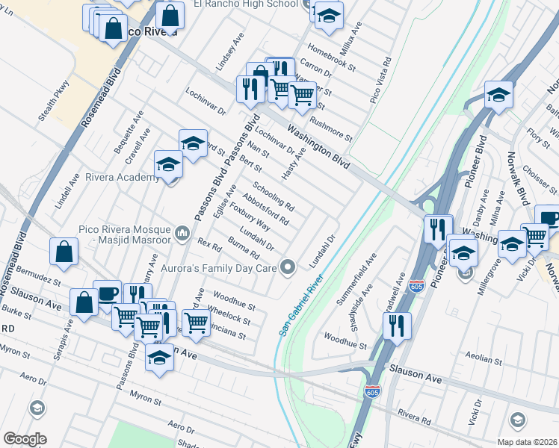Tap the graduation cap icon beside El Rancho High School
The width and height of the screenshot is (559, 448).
(328, 16)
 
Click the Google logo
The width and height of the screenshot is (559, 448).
(25, 439)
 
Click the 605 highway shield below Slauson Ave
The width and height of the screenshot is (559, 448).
(372, 391)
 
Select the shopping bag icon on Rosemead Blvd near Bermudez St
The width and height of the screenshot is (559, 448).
(64, 252)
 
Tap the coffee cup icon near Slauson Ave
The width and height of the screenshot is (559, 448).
(107, 293)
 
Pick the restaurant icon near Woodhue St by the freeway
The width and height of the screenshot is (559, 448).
(397, 325)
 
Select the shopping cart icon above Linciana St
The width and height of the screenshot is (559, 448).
(196, 322)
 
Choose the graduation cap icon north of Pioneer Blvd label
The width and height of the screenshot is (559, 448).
(498, 95)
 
